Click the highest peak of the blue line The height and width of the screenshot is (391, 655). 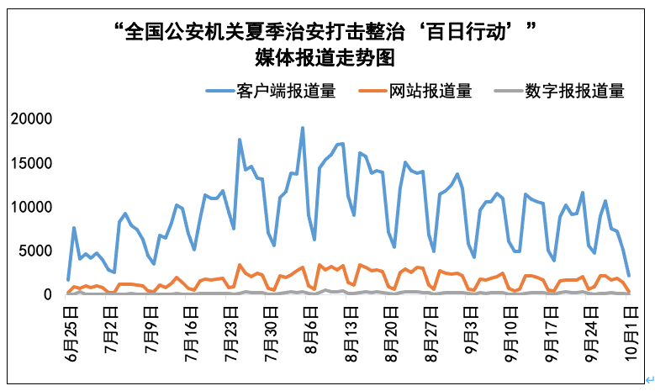pyautogui.click(x=303, y=128)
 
